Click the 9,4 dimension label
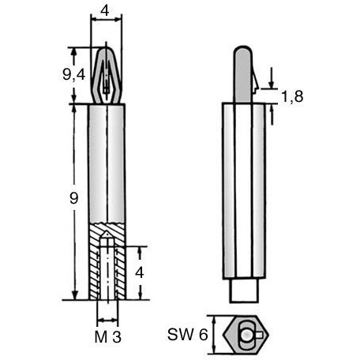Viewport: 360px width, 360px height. [74, 75]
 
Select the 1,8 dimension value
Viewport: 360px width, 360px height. [292, 96]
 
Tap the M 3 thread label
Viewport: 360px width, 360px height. [108, 336]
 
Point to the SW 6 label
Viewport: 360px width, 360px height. [187, 335]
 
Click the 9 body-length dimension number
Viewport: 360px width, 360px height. [74, 198]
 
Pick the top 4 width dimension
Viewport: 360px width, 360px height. [105, 11]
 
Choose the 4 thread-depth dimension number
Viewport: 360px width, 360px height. [140, 272]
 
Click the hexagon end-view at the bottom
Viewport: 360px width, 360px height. [246, 335]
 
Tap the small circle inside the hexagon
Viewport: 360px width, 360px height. [246, 335]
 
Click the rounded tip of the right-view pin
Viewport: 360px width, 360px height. [243, 50]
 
